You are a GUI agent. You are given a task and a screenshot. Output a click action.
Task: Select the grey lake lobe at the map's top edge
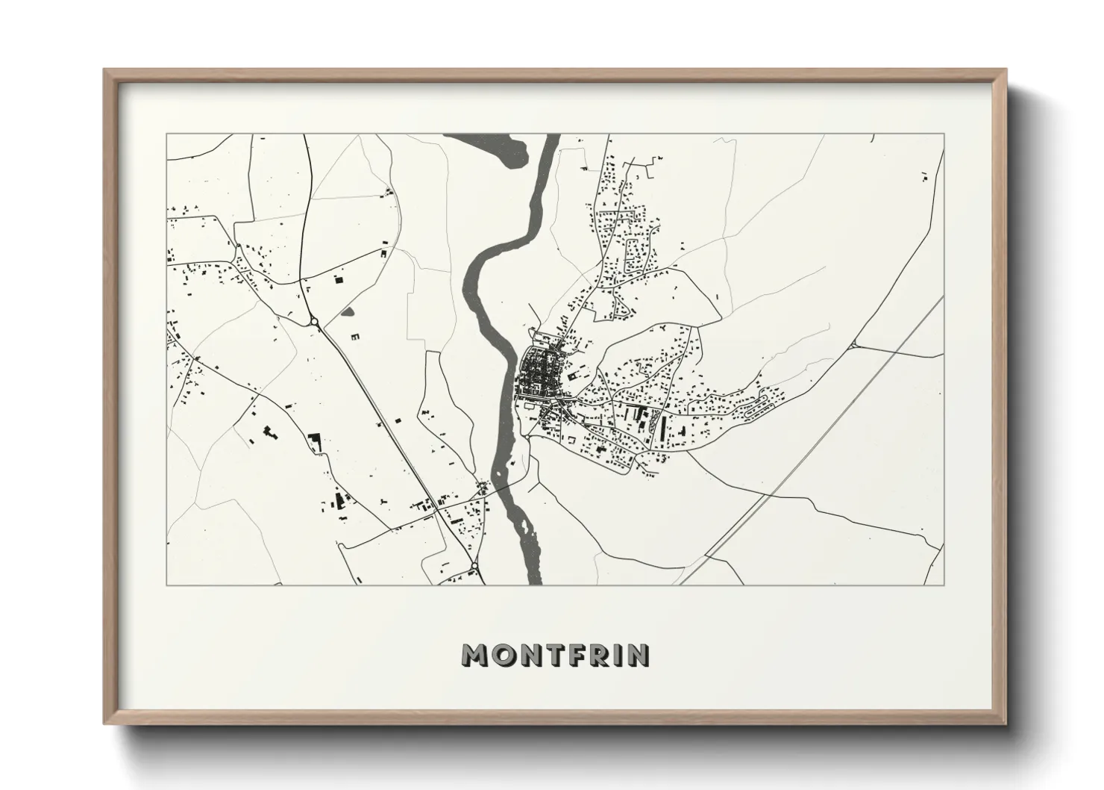pos(492,145)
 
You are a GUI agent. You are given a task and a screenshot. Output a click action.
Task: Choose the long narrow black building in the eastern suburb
pos(663,426)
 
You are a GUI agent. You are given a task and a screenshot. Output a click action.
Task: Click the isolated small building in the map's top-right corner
pos(925,177)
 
